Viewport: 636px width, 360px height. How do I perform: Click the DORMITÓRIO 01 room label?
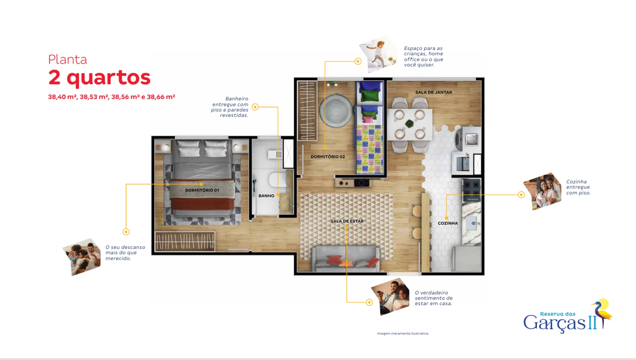click(202, 190)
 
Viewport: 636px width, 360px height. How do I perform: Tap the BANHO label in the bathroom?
click(266, 196)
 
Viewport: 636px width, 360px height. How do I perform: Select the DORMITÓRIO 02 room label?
click(328, 157)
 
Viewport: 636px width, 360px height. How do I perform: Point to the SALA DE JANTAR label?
click(434, 92)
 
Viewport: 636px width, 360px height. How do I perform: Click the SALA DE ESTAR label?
click(347, 221)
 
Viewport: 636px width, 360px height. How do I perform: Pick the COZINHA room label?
click(448, 223)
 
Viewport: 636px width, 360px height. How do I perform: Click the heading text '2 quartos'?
click(99, 78)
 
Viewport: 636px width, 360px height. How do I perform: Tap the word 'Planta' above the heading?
click(68, 60)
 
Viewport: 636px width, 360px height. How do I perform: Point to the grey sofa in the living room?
click(346, 259)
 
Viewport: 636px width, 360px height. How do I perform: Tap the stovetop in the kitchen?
click(472, 190)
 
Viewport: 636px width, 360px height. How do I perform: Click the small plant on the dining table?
click(409, 124)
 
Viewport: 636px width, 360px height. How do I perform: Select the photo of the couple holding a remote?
click(391, 296)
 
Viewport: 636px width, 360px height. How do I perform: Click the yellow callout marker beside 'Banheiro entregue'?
click(255, 107)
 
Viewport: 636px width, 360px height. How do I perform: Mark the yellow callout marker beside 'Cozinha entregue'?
click(521, 195)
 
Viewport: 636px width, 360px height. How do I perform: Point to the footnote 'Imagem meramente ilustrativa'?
click(403, 334)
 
